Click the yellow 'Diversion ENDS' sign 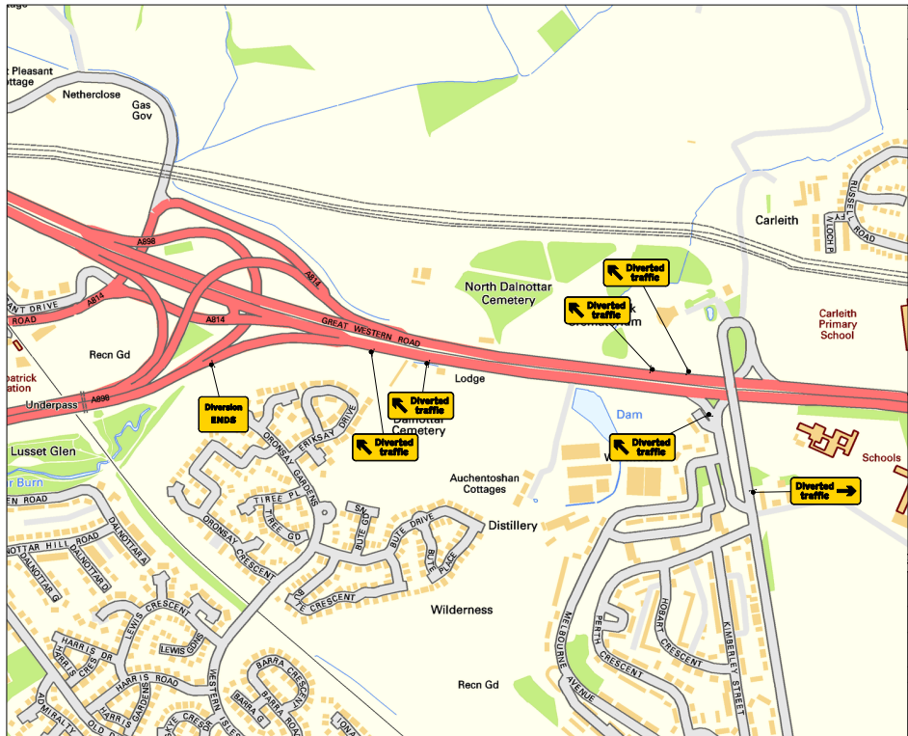tap(223, 414)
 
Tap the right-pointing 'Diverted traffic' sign tap(825, 490)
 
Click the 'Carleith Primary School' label tap(837, 324)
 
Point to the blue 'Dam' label tap(628, 414)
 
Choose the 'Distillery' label tap(512, 526)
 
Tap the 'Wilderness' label tap(461, 610)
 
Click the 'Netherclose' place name tap(92, 95)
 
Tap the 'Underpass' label tap(49, 404)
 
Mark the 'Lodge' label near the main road tap(469, 379)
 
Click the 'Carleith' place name tap(776, 220)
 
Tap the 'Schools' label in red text tap(881, 458)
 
